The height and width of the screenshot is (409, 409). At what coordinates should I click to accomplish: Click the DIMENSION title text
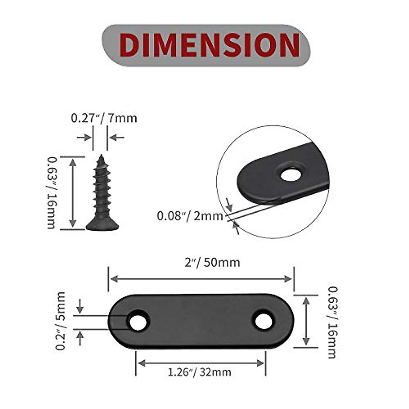pos(209,45)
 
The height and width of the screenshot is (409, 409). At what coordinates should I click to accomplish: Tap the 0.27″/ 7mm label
pos(104,118)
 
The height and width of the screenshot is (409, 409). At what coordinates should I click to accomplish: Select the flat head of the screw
pos(102,225)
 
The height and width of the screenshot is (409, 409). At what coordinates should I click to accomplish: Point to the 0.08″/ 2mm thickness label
pos(190,216)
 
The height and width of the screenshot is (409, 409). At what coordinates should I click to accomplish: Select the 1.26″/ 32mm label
pos(200,372)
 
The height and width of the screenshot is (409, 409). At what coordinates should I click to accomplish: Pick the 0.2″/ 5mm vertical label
pos(61,321)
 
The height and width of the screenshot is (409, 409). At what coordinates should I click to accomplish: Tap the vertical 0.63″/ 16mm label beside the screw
pos(51,193)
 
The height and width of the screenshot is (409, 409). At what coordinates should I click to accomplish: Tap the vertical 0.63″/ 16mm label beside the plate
pos(332,322)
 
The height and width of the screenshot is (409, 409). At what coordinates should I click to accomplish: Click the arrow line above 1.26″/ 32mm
pos(201,363)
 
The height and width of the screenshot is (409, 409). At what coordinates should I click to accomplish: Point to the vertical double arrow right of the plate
pos(306,321)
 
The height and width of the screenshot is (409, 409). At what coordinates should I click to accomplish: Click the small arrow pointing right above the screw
pos(84,137)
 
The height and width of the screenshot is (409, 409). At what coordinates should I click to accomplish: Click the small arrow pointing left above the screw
pos(117,137)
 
